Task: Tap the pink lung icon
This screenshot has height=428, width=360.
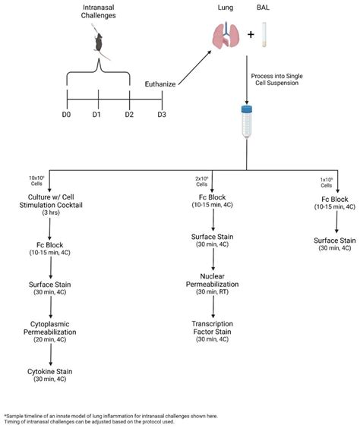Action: (x=225, y=36)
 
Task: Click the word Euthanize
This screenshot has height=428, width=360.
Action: (x=165, y=83)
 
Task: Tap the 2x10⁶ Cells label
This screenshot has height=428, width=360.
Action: (x=201, y=183)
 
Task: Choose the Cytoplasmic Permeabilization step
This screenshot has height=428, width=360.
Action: (x=51, y=326)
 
